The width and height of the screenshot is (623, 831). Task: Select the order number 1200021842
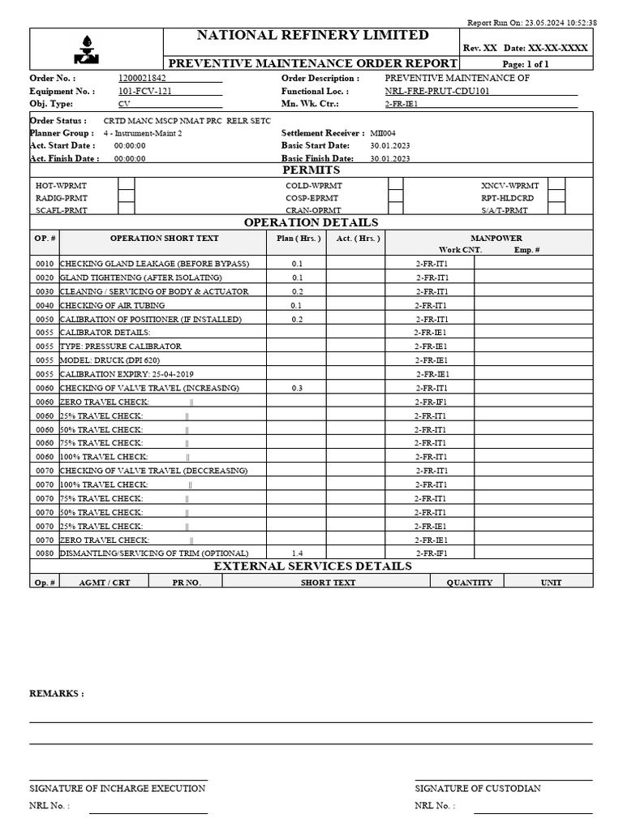click(142, 78)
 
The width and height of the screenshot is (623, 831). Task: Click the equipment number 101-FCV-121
click(145, 91)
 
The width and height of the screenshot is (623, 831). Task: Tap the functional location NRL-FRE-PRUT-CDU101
click(437, 91)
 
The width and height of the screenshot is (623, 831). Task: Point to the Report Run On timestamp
click(532, 23)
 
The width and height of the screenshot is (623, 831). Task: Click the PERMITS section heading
click(311, 170)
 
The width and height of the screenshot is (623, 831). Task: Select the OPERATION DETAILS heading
click(311, 222)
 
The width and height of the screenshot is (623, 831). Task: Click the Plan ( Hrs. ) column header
click(298, 238)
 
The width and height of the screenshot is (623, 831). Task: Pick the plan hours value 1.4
click(297, 553)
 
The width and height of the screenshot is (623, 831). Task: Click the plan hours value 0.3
click(297, 388)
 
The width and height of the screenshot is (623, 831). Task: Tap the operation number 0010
click(45, 264)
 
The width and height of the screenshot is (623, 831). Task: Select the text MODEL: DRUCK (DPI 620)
click(110, 360)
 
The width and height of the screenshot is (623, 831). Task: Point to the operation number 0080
click(45, 553)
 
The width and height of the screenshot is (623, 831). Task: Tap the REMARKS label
click(56, 693)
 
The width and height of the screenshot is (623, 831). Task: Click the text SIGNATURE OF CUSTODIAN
click(478, 788)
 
